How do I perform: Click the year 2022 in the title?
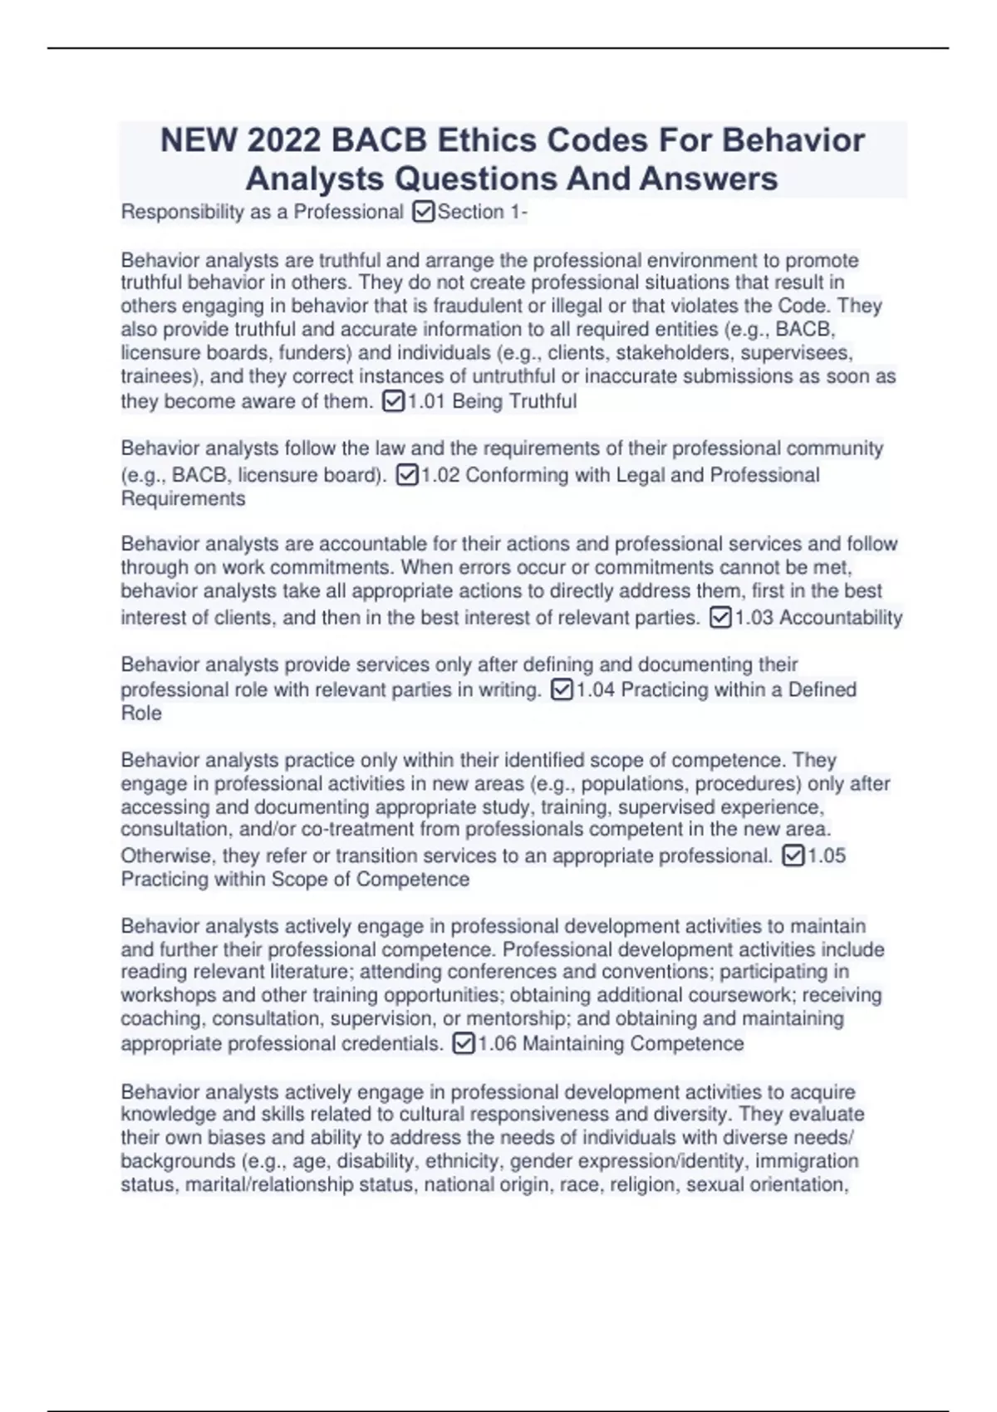(x=283, y=140)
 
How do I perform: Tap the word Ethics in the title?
(x=489, y=140)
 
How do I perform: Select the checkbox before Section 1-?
(x=423, y=213)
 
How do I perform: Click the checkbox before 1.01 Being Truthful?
(x=393, y=402)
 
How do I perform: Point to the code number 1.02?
(x=441, y=475)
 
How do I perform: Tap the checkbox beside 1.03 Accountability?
(x=720, y=618)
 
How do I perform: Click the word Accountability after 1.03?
(x=841, y=618)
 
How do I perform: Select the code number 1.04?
(x=595, y=690)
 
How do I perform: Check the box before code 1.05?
(x=793, y=856)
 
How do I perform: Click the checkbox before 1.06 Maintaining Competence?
(x=464, y=1044)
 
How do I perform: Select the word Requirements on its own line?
(x=183, y=499)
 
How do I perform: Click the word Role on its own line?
(x=141, y=713)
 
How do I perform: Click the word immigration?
(x=806, y=1161)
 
